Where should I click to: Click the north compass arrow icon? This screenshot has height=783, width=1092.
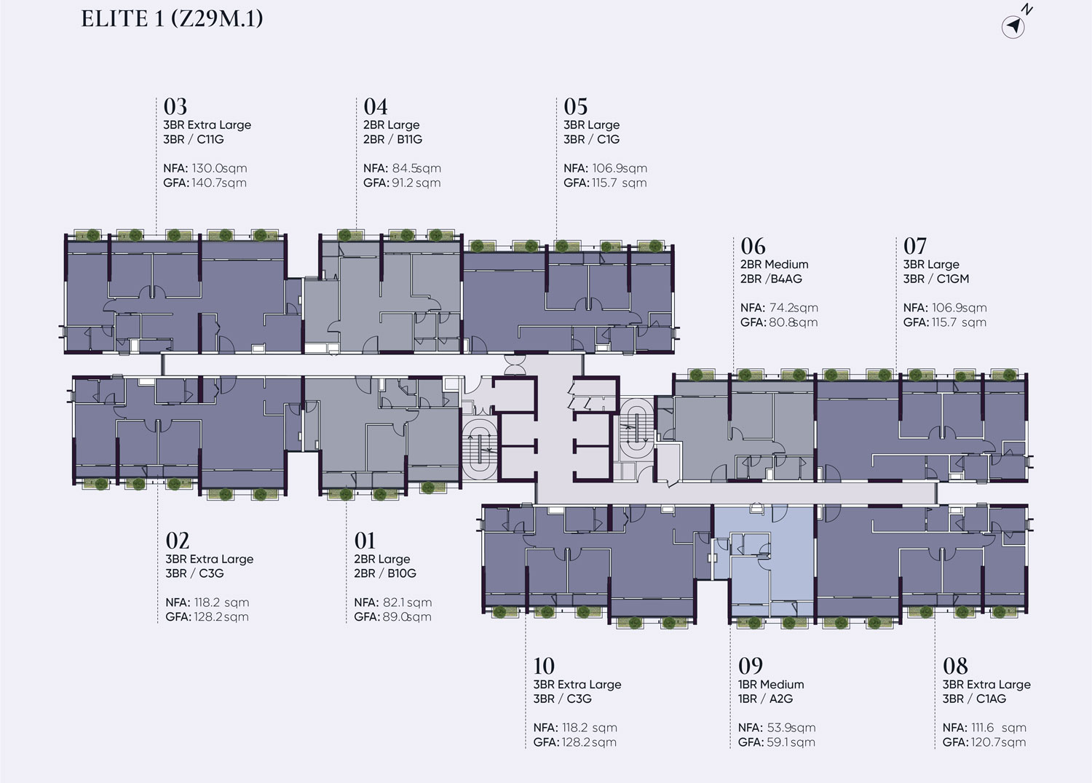pos(1013,26)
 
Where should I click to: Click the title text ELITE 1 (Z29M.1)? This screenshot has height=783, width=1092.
pos(172,19)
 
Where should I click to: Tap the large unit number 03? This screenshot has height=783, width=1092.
pos(175,106)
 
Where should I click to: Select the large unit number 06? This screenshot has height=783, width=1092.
pos(753,246)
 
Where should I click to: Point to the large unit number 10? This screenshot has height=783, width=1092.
pos(544,666)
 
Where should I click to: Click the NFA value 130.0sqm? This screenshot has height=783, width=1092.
pos(219,168)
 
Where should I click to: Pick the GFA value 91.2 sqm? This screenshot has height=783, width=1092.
pos(416,183)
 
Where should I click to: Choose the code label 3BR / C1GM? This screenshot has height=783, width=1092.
pos(936,279)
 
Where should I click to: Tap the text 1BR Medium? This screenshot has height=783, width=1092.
pos(771,684)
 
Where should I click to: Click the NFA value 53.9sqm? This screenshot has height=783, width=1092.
pos(791,728)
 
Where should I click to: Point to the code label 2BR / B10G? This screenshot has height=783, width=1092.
pos(385,573)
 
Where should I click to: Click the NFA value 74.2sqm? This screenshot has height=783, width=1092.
pos(794,307)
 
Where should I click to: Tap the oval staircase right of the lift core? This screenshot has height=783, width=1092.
pos(636,429)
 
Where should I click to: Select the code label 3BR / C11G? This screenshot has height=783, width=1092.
pos(194,139)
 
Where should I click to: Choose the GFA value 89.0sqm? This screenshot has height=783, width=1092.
pos(407,617)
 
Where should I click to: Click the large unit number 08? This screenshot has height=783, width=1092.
pos(955,666)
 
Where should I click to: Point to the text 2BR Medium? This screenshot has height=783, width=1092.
pos(774,264)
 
